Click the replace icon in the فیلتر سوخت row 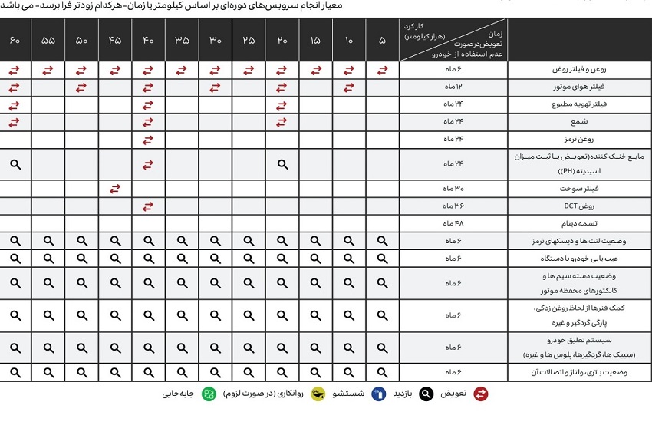point(115,188)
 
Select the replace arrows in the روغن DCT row point(149,206)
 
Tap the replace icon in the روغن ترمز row point(149,140)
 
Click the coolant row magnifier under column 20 point(282,163)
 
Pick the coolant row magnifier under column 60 point(15,163)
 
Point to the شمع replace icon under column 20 point(282,122)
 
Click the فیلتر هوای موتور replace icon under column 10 point(350,87)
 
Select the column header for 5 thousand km point(382,40)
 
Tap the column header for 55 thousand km point(48,40)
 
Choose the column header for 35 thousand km point(182,40)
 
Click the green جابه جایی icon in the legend point(209,394)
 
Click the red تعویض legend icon point(481,394)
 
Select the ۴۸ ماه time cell point(454,223)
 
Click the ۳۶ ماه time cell point(454,206)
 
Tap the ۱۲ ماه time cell point(454,87)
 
